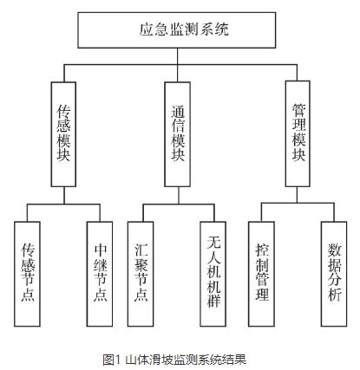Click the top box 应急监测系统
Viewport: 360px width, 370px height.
point(179,31)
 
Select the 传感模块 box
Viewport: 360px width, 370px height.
point(63,135)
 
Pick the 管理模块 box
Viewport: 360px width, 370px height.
point(299,135)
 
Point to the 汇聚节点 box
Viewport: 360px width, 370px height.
point(141,272)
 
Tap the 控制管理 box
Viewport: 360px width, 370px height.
point(261,272)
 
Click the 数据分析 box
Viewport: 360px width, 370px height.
point(334,272)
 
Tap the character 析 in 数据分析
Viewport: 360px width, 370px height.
point(334,295)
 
